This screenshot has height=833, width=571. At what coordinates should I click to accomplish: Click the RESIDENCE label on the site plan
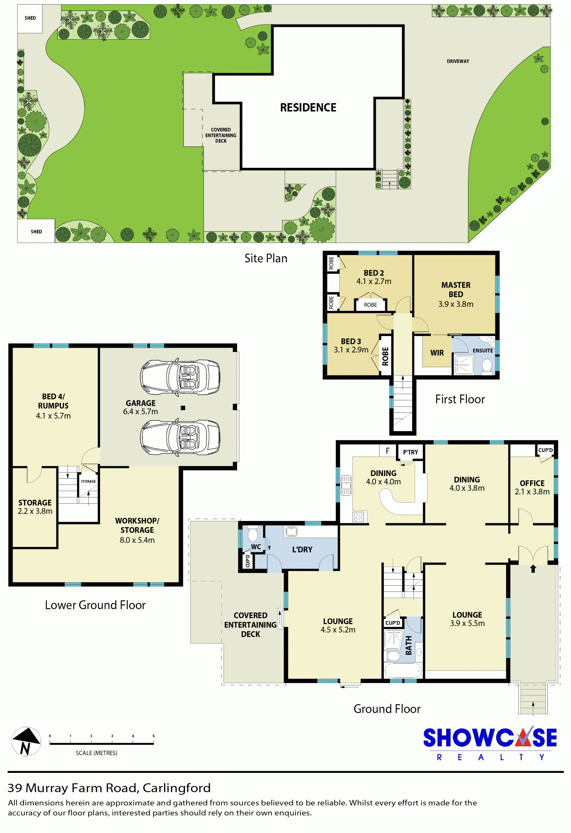308,108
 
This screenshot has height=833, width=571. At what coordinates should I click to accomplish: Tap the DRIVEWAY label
458,61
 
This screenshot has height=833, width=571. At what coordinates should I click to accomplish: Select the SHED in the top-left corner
30,18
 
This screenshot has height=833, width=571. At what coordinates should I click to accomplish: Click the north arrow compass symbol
26,741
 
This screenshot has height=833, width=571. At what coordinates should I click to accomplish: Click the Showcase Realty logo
490,743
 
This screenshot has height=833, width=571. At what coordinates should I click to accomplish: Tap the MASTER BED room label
456,290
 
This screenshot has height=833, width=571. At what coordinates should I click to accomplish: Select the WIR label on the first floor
437,353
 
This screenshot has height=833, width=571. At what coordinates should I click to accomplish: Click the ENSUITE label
483,350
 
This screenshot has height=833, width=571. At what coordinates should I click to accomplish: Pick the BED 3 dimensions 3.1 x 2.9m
351,350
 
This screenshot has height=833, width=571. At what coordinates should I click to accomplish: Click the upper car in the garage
180,377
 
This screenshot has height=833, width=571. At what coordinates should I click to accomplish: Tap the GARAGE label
140,403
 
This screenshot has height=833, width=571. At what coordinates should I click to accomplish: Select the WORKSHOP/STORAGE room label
137,525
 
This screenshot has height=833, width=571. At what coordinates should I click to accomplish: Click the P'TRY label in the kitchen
410,452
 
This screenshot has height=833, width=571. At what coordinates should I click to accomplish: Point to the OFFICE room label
532,483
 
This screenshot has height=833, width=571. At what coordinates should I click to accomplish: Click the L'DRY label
302,549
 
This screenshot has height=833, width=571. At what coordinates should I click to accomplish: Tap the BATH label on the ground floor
409,645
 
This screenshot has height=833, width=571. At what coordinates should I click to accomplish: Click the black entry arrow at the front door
533,569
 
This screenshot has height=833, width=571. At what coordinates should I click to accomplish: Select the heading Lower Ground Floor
95,605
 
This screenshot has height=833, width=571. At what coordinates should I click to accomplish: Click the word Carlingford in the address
177,788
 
